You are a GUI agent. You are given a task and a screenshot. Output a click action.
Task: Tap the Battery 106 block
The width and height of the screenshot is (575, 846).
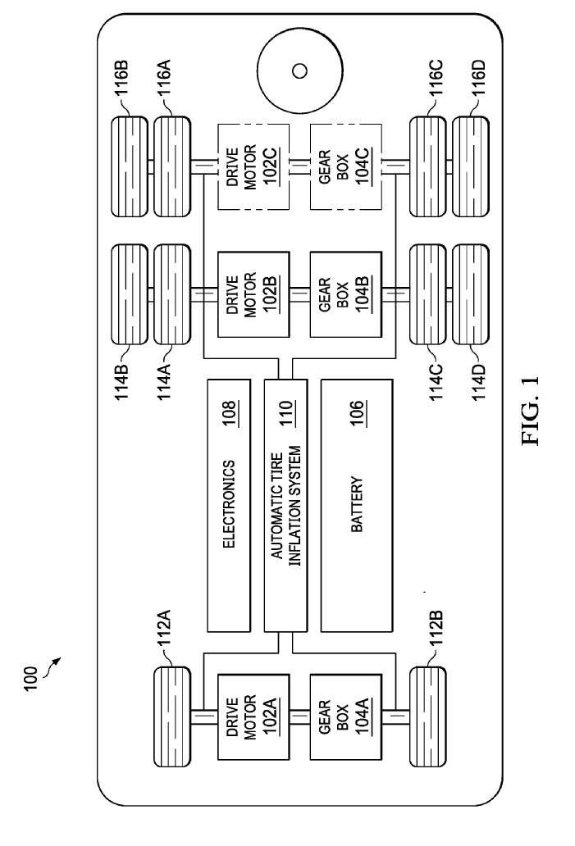tap(357, 505)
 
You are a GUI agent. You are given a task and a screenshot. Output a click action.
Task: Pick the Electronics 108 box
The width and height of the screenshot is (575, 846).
tap(229, 505)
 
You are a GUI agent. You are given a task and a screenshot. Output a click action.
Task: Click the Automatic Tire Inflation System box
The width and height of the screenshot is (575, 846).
tap(285, 505)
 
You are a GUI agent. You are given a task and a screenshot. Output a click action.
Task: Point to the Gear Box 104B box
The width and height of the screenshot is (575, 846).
tap(346, 294)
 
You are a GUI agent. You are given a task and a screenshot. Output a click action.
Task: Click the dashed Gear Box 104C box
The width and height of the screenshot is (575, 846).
tap(346, 166)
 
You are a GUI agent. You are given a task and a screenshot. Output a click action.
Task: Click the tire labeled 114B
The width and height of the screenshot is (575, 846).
tap(129, 294)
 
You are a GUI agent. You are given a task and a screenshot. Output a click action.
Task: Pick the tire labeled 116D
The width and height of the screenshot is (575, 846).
tap(470, 166)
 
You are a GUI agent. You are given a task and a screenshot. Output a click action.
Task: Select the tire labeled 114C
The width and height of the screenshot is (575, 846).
tap(427, 294)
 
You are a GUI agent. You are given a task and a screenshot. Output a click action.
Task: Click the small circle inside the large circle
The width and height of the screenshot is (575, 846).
tap(299, 70)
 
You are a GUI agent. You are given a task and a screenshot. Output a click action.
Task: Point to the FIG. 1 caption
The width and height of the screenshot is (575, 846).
tap(530, 411)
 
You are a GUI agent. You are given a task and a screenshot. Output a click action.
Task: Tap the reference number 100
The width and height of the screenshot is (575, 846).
tap(30, 678)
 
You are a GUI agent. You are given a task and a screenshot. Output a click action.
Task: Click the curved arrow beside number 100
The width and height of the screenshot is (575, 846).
tap(50, 666)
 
